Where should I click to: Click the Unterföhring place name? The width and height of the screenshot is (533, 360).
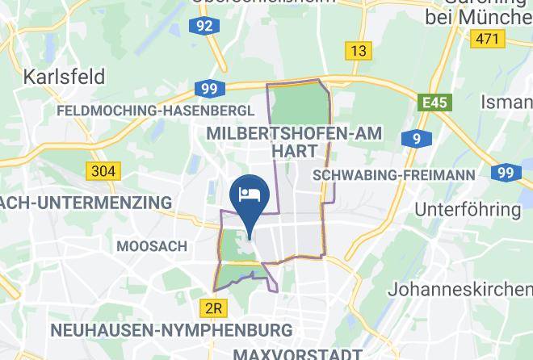click(468, 209)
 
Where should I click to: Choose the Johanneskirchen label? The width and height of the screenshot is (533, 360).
click(460, 288)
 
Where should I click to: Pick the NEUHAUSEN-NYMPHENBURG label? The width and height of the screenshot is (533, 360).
click(171, 330)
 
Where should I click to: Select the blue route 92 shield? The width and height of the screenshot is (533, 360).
click(205, 26)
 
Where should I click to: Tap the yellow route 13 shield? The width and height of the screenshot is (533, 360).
click(358, 51)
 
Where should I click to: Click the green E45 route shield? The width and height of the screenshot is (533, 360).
click(434, 103)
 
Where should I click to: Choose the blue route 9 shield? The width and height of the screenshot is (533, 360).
click(416, 140)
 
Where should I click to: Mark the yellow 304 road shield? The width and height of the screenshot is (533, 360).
click(103, 171)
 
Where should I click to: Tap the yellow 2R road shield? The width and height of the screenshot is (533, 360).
click(213, 308)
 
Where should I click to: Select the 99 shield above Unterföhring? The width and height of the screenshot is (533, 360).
click(506, 172)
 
